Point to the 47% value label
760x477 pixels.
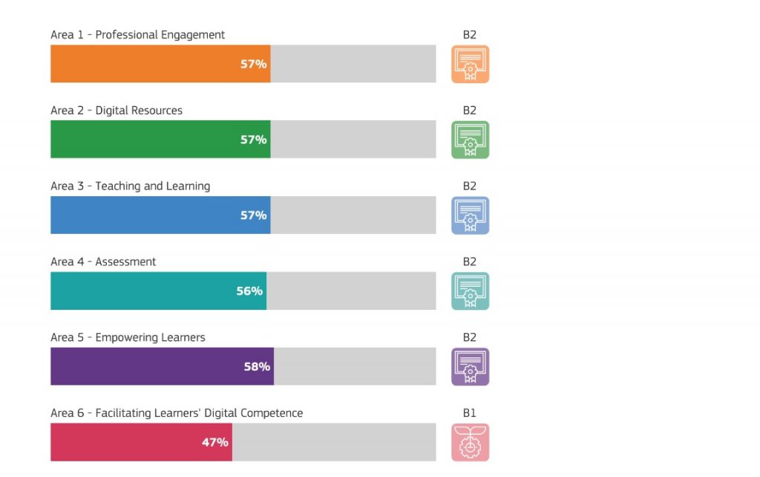coord(215,442)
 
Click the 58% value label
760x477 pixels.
coord(257,366)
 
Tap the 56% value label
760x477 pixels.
coord(249,291)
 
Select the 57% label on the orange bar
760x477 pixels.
coord(253,64)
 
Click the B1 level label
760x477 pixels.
coord(470,413)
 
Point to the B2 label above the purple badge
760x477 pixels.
coord(470,337)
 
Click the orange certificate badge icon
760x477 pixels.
coord(471,64)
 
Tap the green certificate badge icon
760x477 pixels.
coord(471,140)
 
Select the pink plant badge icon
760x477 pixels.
coord(471,442)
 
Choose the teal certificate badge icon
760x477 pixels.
coord(471,291)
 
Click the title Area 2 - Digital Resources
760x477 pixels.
coord(117,111)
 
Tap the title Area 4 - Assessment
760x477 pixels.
coord(103,262)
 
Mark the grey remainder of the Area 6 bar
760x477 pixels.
coord(334,442)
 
